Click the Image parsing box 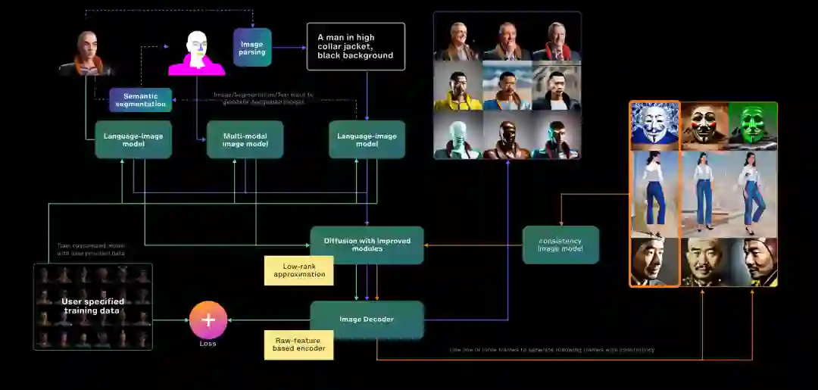[252, 48]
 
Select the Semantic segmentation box [140, 100]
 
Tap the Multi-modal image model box [245, 139]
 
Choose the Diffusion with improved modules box [367, 245]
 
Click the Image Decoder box [367, 320]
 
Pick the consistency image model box [560, 245]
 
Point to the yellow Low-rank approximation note [298, 270]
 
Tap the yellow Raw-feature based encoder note [298, 345]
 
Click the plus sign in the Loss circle [208, 320]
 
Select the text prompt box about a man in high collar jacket [355, 46]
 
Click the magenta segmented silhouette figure [197, 54]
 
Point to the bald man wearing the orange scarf [86, 54]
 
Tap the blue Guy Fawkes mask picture [654, 126]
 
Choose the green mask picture [752, 126]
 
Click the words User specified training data [92, 306]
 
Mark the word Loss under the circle [208, 344]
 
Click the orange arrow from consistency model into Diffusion [473, 245]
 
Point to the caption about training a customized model [92, 249]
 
